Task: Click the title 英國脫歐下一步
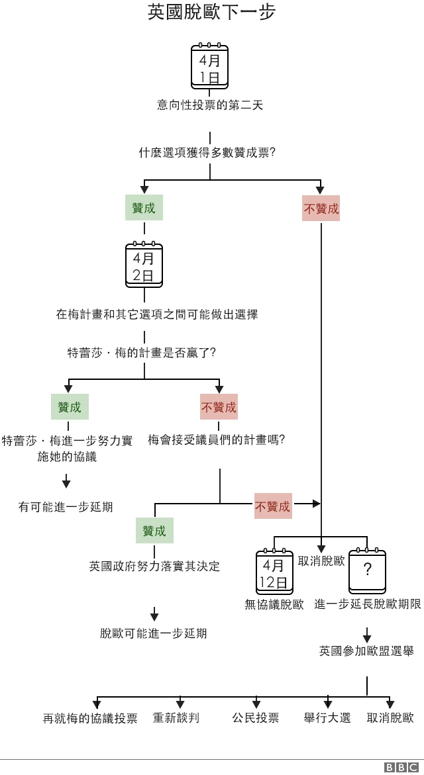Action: [x=211, y=13]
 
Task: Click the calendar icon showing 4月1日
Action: [x=209, y=67]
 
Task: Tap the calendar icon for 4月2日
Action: [x=144, y=265]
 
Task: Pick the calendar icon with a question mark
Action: [x=367, y=572]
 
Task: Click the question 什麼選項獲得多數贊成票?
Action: [x=207, y=153]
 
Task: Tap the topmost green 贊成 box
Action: [x=144, y=208]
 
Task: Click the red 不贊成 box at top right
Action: [x=321, y=209]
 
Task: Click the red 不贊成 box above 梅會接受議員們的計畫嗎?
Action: [x=219, y=407]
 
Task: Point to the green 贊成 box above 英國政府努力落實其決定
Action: [x=154, y=531]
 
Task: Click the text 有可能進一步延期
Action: [x=66, y=507]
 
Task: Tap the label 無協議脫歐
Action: [x=274, y=604]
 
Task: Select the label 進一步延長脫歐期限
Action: [x=368, y=604]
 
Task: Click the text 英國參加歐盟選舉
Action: [x=366, y=651]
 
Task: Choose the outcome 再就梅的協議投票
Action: [x=90, y=719]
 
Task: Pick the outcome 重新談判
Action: [x=176, y=718]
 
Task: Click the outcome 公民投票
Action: [x=256, y=718]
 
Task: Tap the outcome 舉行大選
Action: [x=327, y=718]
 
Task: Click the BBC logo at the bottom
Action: [x=401, y=767]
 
